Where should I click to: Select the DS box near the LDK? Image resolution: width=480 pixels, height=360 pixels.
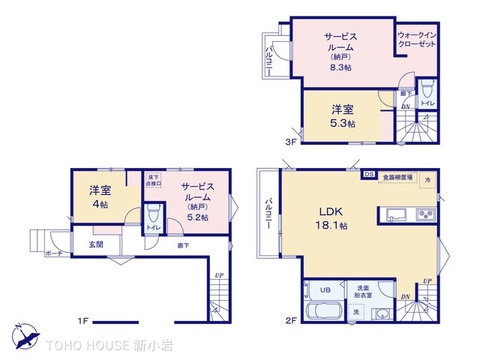[368, 172]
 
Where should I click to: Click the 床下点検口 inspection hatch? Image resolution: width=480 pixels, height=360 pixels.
[153, 180]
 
